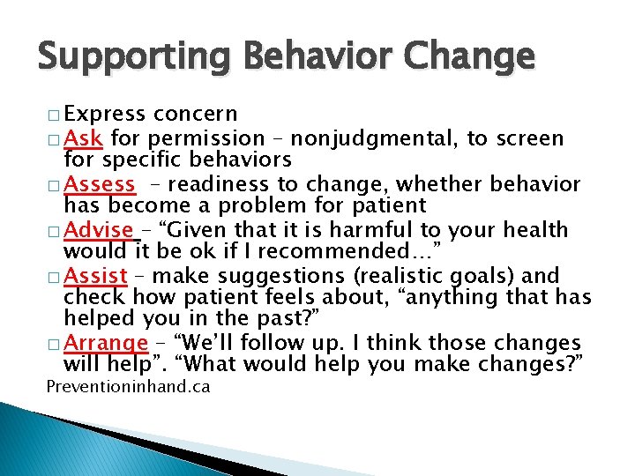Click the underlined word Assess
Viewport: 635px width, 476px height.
coord(101,184)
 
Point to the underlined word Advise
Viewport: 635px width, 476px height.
coord(100,230)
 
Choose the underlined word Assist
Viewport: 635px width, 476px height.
coord(96,276)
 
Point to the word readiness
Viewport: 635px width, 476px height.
coord(206,184)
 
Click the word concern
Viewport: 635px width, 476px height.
coord(195,115)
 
